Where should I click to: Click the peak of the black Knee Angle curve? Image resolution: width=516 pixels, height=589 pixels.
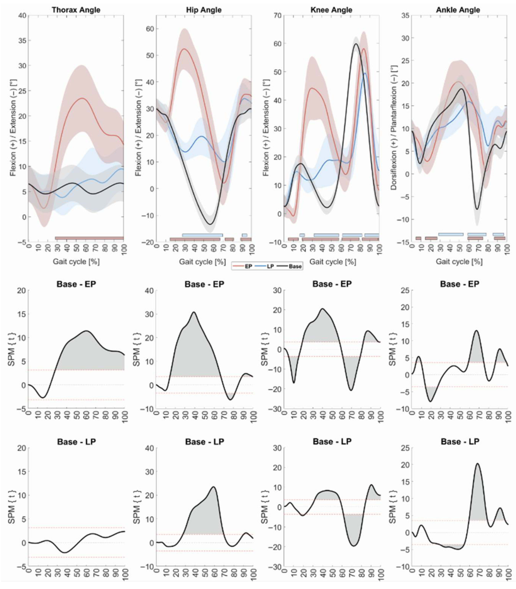tap(356, 44)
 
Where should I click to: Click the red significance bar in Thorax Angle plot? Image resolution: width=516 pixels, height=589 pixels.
tap(89, 238)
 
